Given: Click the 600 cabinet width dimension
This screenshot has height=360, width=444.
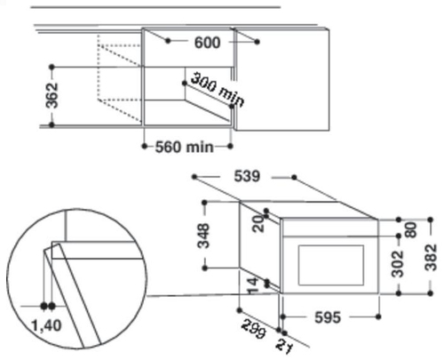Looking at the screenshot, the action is [x=207, y=43].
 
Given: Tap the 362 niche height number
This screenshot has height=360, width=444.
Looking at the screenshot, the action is [x=52, y=95].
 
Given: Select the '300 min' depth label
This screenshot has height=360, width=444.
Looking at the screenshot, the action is [x=218, y=90].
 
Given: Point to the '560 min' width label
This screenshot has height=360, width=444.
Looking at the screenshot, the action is [x=184, y=147].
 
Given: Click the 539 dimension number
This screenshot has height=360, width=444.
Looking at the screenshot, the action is [x=247, y=176].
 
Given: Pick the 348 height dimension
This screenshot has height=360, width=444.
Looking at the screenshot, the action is [x=203, y=236].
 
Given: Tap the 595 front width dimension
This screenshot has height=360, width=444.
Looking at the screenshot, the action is [x=328, y=317].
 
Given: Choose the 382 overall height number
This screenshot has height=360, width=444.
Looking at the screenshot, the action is [x=431, y=258].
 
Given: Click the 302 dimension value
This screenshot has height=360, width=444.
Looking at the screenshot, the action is [x=398, y=264].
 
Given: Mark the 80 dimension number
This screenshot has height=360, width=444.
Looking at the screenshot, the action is [x=411, y=229].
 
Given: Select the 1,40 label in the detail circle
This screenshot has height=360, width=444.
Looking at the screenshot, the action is [x=46, y=325].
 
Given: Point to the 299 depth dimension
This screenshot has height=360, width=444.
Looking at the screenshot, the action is [x=253, y=328].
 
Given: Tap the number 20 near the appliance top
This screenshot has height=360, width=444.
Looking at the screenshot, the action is [x=258, y=224].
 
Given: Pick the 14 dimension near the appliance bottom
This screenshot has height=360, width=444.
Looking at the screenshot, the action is [x=253, y=286].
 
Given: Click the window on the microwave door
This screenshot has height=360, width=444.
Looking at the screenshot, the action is [x=331, y=265].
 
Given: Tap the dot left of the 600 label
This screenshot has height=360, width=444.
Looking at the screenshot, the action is [x=168, y=41].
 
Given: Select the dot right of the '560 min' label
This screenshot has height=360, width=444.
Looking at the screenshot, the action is [x=231, y=146].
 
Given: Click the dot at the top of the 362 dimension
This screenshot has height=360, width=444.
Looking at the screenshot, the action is [x=52, y=68].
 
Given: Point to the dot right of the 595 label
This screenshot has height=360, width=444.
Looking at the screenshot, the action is [x=378, y=316].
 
